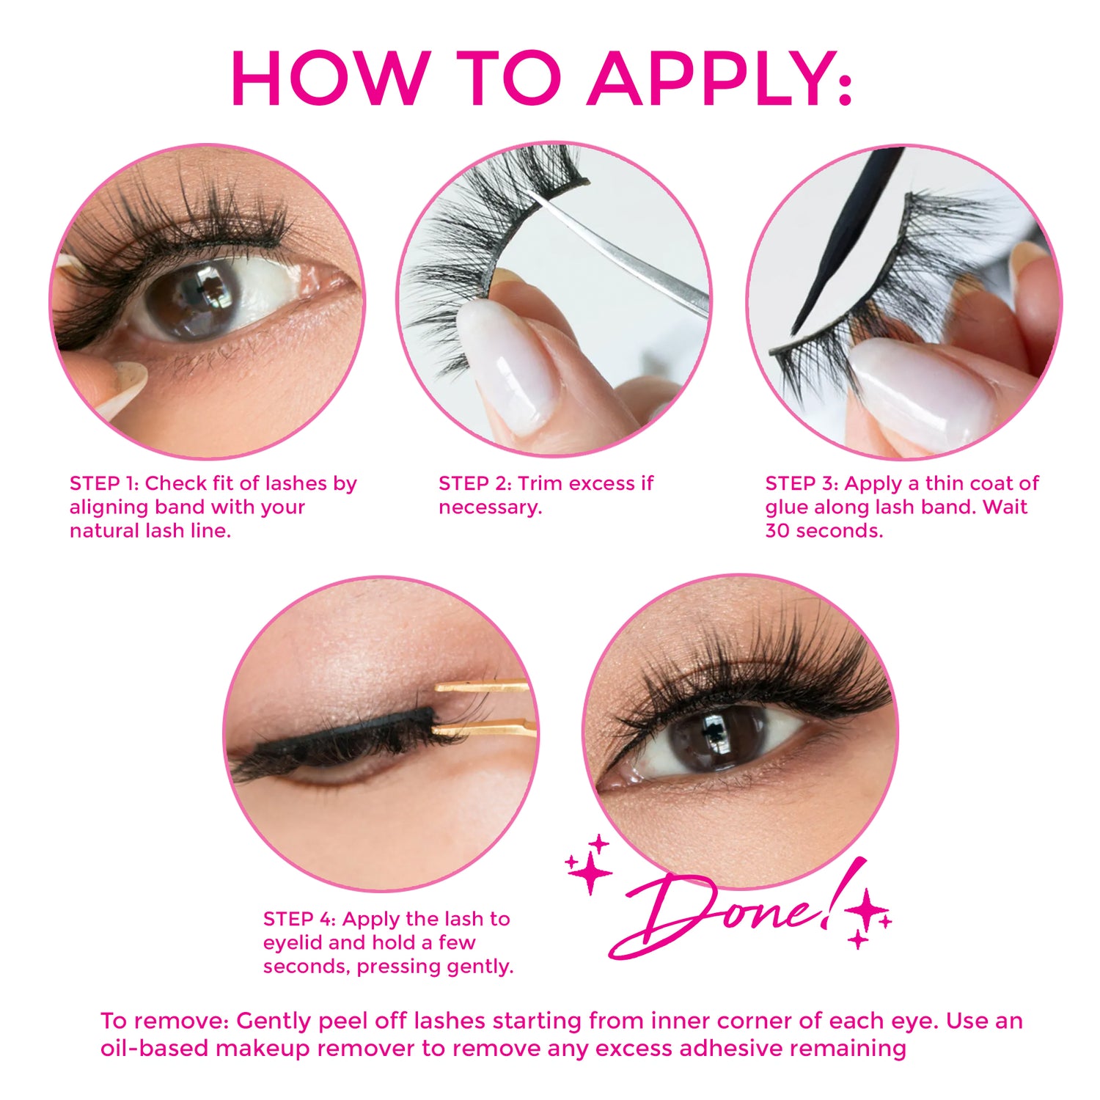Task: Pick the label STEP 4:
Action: pos(300,919)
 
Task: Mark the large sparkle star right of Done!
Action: pos(868,909)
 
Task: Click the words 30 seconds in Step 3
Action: pos(824,530)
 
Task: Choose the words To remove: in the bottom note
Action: pos(165,1021)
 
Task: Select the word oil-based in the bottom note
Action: pos(154,1048)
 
